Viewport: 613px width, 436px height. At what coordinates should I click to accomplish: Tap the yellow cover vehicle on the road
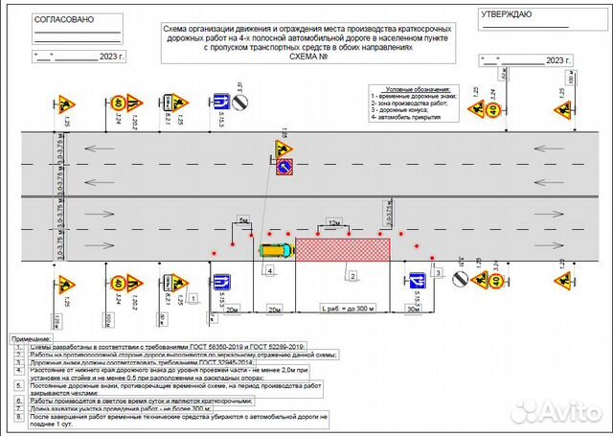[x=275, y=249]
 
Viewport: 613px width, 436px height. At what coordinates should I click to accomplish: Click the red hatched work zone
[x=343, y=248]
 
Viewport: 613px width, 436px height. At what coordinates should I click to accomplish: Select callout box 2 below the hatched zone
[x=352, y=276]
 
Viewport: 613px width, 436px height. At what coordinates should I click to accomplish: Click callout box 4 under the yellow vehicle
[x=270, y=271]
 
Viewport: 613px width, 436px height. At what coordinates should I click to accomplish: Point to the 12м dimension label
[x=333, y=222]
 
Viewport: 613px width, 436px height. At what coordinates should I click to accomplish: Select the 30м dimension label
[x=413, y=310]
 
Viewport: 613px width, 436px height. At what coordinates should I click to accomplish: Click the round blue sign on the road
[x=284, y=169]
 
